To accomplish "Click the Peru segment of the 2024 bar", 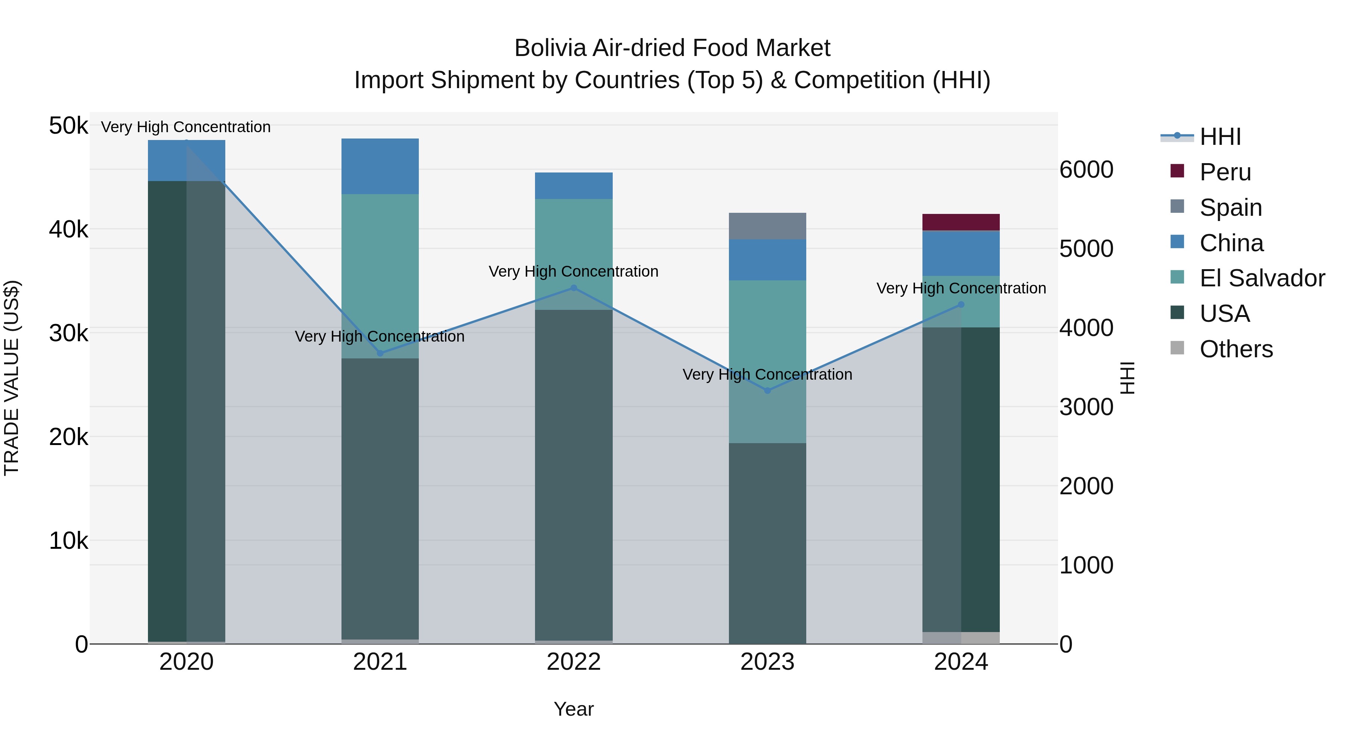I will point(961,222).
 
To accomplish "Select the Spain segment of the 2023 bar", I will point(767,226).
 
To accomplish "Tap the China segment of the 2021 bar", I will point(380,166).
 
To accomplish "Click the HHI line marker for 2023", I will point(767,390).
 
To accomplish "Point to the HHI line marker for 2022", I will point(573,288).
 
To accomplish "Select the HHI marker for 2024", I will point(961,305).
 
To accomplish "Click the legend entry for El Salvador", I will point(1261,278).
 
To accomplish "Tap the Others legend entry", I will point(1236,349).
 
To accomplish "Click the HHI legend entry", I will point(1220,137).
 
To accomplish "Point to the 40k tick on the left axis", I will point(68,229).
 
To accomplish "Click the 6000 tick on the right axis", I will point(1086,169).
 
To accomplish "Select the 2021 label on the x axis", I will point(380,662).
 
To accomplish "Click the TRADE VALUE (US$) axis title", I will point(12,378).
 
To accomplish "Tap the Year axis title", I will point(573,709).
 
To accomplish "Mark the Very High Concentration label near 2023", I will point(767,374).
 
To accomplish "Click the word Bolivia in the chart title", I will point(550,48).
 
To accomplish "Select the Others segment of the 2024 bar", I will point(961,638).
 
